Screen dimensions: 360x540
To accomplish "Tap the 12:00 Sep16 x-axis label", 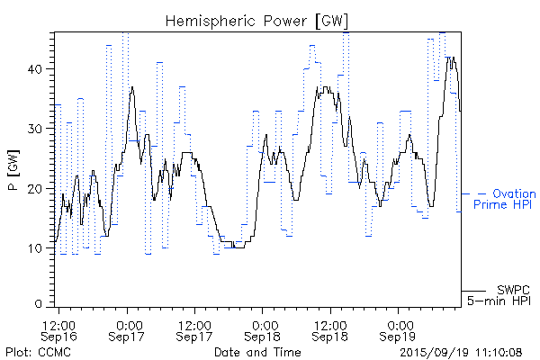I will (x=59, y=330).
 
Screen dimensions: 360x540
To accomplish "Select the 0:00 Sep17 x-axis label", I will (x=128, y=330).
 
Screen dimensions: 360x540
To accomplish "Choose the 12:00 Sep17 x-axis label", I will (x=195, y=330).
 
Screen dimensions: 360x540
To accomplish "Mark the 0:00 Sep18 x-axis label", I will (x=263, y=330).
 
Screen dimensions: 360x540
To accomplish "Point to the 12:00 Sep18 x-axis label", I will (x=330, y=330).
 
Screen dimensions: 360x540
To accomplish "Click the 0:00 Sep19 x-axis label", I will (x=399, y=330).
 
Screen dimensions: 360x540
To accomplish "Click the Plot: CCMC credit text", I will (x=37, y=351).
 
